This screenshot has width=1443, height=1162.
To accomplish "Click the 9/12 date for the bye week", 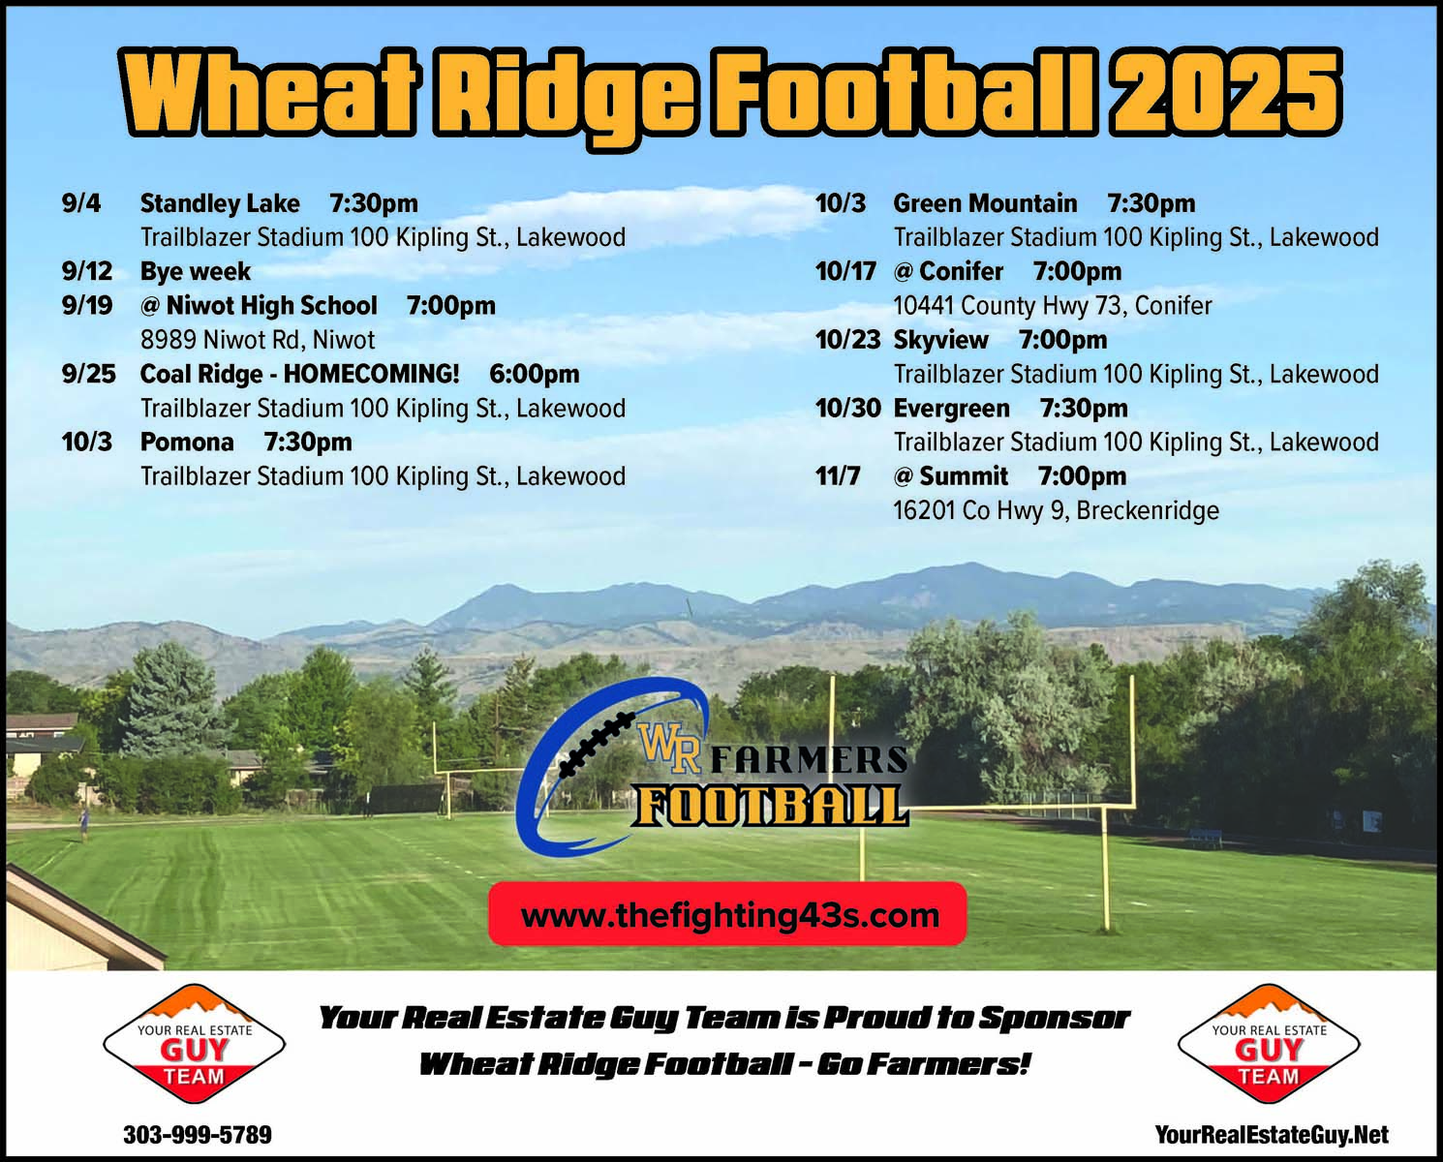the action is pos(87,271).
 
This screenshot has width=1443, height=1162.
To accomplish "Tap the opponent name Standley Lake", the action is pos(220,203).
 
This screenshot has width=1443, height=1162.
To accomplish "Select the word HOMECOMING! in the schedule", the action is pos(372,374).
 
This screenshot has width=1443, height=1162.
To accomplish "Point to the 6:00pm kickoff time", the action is pos(535,374).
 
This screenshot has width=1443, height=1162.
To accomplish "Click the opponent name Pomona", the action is pos(187,443).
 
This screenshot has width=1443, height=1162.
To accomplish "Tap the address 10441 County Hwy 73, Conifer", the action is pos(1053,306).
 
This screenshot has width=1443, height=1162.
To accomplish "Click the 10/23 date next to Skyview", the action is pos(847,340).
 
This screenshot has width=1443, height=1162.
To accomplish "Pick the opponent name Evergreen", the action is pos(951,409).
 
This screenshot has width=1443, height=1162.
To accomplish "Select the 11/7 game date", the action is pos(838,476).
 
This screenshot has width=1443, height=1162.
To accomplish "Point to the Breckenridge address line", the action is pos(1056,511).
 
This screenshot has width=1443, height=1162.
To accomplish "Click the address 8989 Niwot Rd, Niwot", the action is pos(258,340).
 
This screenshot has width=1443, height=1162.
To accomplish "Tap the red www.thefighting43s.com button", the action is pos(727,914).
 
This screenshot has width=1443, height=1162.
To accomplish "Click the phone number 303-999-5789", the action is pos(198,1135).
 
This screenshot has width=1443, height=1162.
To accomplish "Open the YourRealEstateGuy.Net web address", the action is pos(1272,1135).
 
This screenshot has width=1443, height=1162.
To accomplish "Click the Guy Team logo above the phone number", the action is pos(195,1044).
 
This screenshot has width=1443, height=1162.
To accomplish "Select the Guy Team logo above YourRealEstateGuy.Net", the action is pos(1270,1044).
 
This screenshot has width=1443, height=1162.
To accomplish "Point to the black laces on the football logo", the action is pos(597,744).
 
